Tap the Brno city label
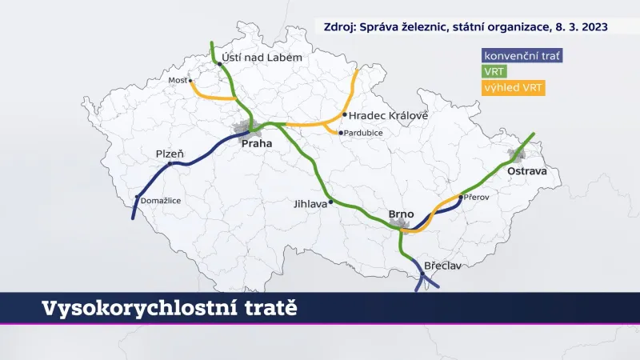click(x=401, y=214)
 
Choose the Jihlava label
click(x=312, y=204)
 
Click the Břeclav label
click(x=442, y=266)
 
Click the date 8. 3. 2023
click(x=577, y=26)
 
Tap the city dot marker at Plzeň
click(x=170, y=164)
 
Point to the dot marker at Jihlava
click(x=331, y=199)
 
